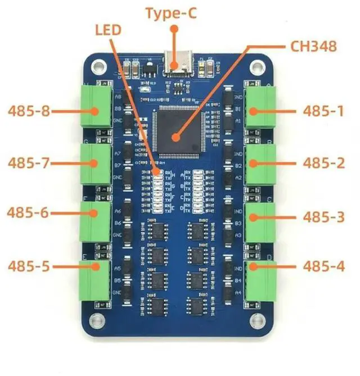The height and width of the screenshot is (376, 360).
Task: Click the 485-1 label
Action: [323, 111]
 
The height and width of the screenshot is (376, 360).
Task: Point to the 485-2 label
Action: [323, 163]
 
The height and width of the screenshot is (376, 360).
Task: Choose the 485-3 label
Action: [323, 216]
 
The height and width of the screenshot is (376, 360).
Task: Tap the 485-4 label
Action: [323, 266]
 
